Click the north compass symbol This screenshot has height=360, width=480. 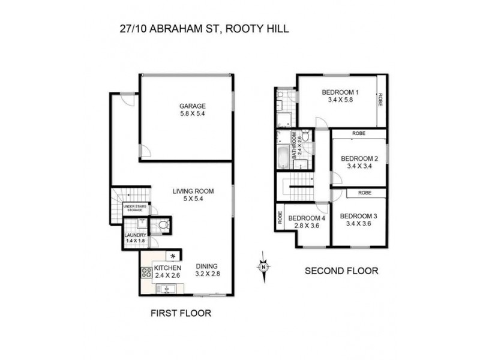pos(263,266)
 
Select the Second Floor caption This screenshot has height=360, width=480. pos(341,271)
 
